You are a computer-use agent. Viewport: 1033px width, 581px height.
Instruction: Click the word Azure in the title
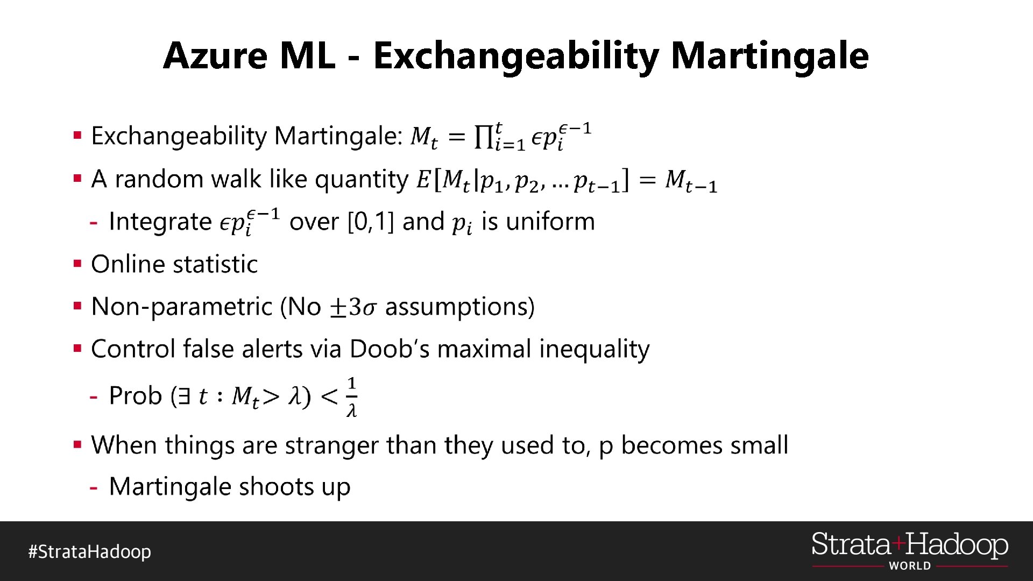point(215,56)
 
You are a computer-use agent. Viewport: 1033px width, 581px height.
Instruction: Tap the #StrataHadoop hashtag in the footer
point(90,552)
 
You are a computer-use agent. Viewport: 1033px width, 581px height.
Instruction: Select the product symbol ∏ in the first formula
point(483,137)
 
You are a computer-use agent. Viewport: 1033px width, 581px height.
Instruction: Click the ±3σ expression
point(352,307)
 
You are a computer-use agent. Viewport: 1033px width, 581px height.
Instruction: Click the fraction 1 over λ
point(352,397)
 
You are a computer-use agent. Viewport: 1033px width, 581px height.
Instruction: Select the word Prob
point(135,396)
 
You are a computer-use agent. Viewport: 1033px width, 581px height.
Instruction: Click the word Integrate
point(160,222)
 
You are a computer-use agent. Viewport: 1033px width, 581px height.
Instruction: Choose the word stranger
point(331,445)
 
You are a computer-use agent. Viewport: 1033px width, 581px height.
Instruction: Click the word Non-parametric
point(182,307)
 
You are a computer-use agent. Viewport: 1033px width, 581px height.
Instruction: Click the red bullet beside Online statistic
point(78,264)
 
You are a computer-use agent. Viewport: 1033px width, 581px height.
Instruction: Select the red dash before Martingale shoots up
point(94,488)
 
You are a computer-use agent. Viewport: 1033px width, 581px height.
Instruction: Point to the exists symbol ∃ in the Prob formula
point(184,397)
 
